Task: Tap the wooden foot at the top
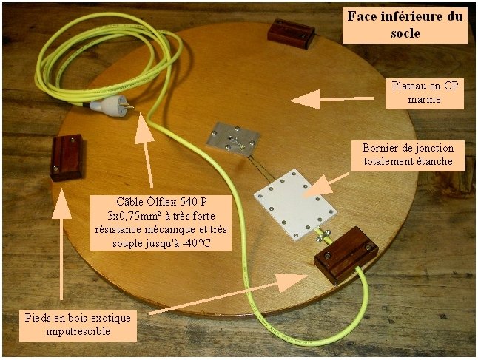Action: pyautogui.click(x=291, y=30)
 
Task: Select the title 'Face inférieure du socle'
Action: pyautogui.click(x=403, y=24)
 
